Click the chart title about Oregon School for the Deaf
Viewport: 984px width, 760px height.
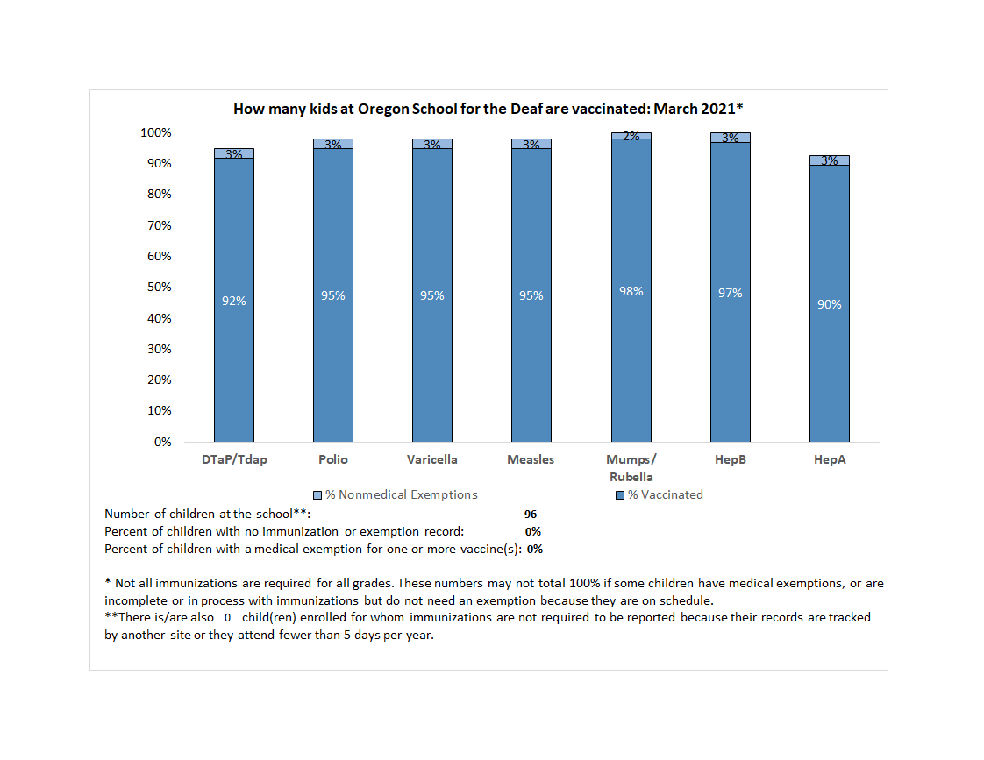coord(488,109)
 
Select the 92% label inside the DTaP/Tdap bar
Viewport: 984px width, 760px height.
coord(234,301)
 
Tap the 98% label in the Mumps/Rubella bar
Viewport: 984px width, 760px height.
coord(631,291)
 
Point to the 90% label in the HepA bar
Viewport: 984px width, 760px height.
coord(829,304)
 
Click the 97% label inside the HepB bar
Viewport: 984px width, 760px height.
coord(730,293)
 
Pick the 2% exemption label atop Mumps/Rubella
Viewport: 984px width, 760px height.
coord(631,136)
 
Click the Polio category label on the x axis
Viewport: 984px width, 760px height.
coord(333,459)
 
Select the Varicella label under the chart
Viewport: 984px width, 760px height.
coord(432,459)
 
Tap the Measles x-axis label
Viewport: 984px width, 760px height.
coord(531,459)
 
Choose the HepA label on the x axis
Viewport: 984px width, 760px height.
coord(829,459)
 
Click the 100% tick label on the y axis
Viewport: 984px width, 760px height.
coord(154,133)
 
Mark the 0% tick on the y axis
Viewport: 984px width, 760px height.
coord(162,442)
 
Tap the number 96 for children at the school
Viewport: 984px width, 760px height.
coord(530,515)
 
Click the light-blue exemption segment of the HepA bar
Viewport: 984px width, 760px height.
coord(829,160)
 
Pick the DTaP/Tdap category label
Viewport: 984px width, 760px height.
coord(234,459)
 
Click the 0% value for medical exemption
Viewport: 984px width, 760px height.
coord(535,550)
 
